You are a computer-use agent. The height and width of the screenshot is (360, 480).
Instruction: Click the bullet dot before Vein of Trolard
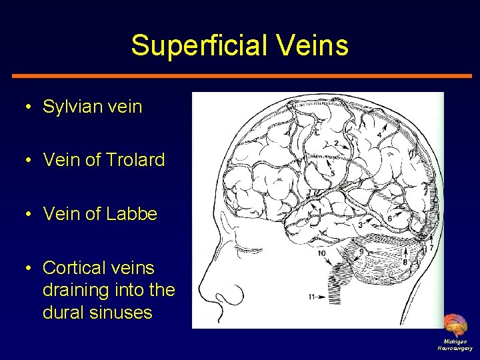pos(30,161)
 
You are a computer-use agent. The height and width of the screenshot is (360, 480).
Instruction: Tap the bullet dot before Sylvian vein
pos(30,107)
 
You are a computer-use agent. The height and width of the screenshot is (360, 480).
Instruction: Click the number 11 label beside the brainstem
pos(312,297)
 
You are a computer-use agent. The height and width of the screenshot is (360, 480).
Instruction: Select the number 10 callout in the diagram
pos(322,253)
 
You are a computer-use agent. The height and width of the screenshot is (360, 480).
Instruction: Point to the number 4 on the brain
pos(379,135)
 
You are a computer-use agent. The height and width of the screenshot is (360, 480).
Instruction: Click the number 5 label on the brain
pos(333,174)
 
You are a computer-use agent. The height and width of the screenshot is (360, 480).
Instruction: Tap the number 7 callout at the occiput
pos(431,247)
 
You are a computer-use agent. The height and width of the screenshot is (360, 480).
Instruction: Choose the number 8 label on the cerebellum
pos(405,261)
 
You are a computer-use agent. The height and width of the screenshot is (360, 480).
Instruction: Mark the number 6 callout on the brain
pos(389,218)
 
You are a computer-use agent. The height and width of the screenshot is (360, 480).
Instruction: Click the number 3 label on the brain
pos(360,225)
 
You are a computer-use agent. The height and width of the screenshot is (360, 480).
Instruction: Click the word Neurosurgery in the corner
pos(455,348)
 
